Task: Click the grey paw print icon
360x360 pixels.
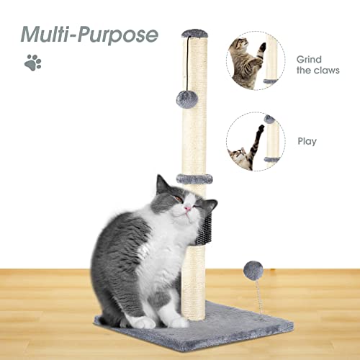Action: [32, 63]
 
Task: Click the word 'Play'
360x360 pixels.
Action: [307, 142]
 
